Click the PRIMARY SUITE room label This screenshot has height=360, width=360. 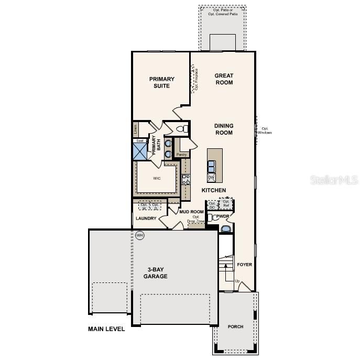tap(161, 82)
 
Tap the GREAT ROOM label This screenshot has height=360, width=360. tap(224, 79)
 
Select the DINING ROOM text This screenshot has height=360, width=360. tap(223, 129)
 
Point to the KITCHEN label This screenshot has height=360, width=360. tap(214, 190)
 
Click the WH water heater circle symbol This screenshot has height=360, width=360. tap(139, 235)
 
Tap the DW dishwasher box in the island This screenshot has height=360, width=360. tap(212, 178)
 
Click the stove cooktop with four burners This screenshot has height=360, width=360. tap(186, 180)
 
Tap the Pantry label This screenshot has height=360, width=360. tap(181, 155)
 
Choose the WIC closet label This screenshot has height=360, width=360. tap(157, 178)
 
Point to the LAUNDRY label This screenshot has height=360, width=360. tap(146, 219)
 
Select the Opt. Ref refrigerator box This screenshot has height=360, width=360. tap(226, 203)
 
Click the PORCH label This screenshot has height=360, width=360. tap(235, 326)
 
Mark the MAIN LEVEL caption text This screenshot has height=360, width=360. tap(106, 329)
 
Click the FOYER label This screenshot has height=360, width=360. tap(244, 265)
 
